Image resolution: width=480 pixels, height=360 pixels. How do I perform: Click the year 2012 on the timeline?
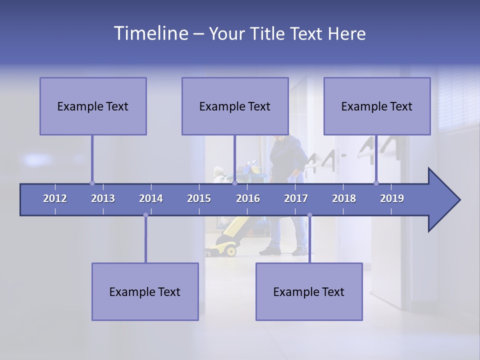[x=55, y=198]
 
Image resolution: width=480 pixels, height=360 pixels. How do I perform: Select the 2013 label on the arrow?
[x=103, y=198]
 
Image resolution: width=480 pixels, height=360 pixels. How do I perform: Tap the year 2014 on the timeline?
[x=151, y=198]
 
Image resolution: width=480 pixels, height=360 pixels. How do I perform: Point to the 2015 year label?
[x=199, y=198]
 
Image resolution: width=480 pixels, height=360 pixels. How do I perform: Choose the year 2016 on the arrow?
[x=248, y=198]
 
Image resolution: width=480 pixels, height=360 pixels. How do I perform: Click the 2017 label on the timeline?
[x=296, y=198]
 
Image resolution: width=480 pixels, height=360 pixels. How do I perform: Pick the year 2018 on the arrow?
[x=344, y=198]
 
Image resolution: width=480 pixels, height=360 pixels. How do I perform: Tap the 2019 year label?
[x=392, y=198]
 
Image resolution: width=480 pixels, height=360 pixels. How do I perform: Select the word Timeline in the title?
[x=150, y=33]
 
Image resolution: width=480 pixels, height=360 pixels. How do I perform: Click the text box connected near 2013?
[x=93, y=106]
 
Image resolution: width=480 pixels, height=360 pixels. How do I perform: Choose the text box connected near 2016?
[x=235, y=106]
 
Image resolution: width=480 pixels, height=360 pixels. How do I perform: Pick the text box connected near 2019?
[x=377, y=106]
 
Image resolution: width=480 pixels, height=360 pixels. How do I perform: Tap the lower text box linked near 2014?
[x=145, y=291]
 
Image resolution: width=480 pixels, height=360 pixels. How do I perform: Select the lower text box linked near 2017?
[x=309, y=291]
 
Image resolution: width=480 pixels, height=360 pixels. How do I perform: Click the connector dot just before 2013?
[x=92, y=183]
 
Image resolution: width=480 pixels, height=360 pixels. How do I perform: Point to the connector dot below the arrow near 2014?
[x=145, y=215]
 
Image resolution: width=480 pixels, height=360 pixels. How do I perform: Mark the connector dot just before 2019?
[x=376, y=183]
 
